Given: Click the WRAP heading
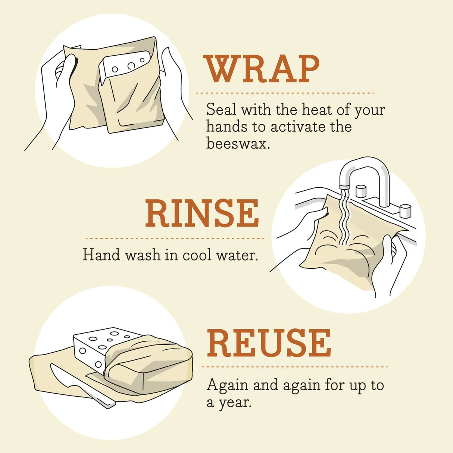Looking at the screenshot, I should [x=262, y=69].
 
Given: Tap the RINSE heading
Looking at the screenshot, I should [x=202, y=213].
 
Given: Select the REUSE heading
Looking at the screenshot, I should [x=269, y=343].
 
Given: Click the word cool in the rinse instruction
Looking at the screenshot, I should [x=197, y=255].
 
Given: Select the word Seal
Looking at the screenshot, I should [x=221, y=110].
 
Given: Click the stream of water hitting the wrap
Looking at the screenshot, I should [x=344, y=220].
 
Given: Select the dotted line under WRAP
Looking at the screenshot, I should [x=285, y=93].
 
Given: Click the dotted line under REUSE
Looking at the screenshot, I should [x=295, y=367].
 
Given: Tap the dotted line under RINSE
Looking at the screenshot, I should [x=174, y=238].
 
